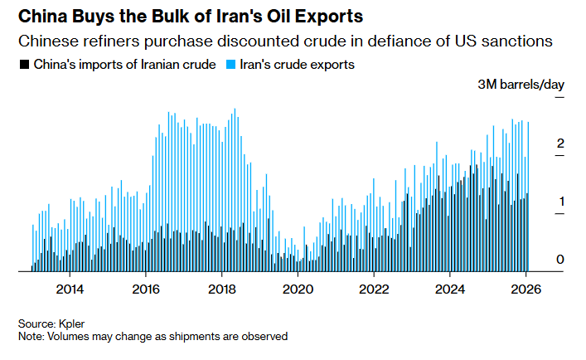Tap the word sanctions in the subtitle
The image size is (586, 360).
(x=516, y=40)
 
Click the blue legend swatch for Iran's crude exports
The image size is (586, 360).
(x=232, y=64)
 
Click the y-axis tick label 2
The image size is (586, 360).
(x=560, y=144)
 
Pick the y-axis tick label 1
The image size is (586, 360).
(x=560, y=202)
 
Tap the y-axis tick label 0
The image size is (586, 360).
(x=560, y=260)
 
